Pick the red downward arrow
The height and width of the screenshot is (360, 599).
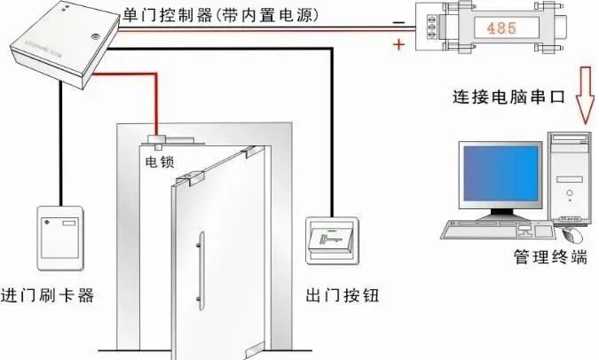coord(583,92)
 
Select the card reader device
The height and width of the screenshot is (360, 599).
coord(62,238)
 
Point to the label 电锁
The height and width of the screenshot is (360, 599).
coord(161,161)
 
